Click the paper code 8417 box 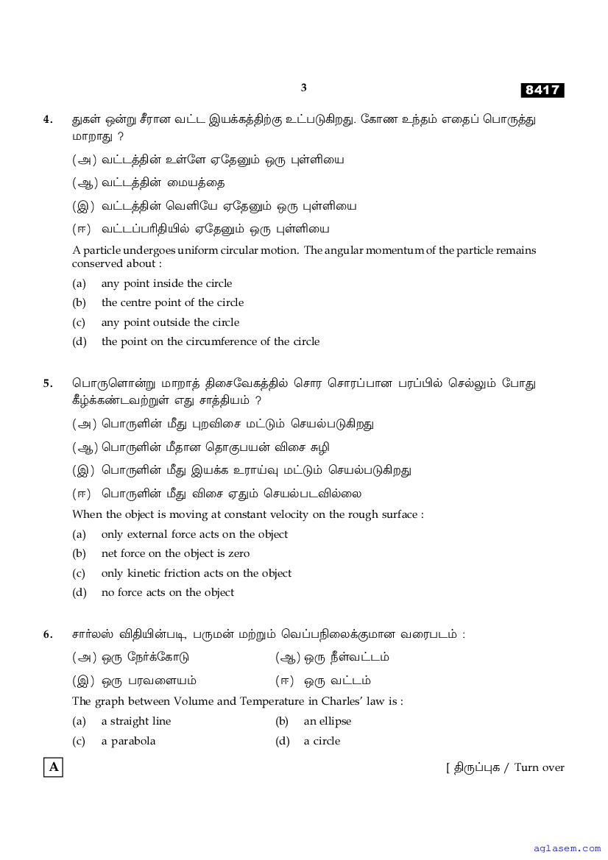[542, 90]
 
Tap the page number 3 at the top [303, 88]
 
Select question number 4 [48, 119]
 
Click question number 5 [48, 383]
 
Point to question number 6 [48, 634]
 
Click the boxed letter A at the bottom [53, 767]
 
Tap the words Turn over [539, 767]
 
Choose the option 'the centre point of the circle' [172, 302]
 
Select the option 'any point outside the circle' [170, 322]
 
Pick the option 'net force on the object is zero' [175, 553]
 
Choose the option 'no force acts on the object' [168, 592]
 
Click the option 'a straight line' [136, 721]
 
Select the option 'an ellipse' [328, 721]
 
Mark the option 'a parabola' [128, 741]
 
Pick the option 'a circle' [322, 741]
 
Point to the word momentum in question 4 [398, 250]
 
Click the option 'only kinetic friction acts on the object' [196, 573]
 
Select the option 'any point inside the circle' [166, 283]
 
